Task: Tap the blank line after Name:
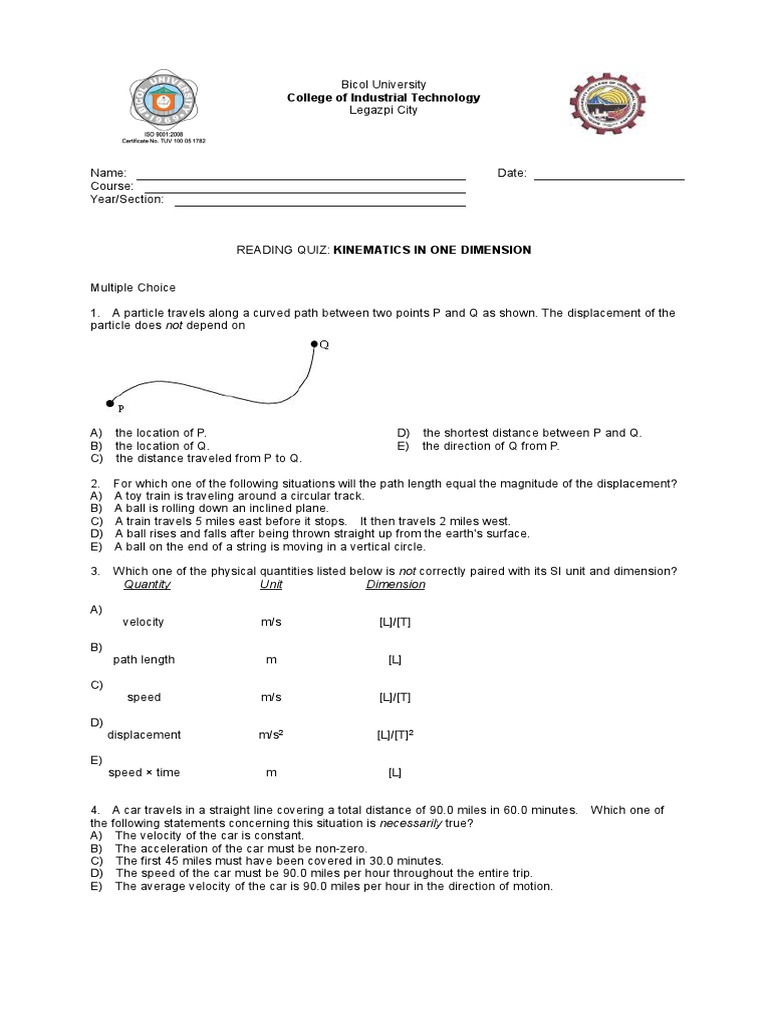tap(300, 177)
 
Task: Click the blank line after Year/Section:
tap(320, 203)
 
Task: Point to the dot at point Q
tap(314, 344)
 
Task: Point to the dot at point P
tap(110, 403)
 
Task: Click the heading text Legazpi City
tap(383, 111)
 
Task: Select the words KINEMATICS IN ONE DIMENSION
tap(432, 250)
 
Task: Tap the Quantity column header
tap(147, 584)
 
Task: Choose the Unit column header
tap(271, 584)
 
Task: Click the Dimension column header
tap(395, 584)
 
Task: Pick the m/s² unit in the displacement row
tap(272, 735)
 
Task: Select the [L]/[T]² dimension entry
tap(395, 735)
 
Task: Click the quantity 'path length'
tap(143, 660)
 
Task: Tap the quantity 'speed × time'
tap(144, 773)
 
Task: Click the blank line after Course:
tap(305, 190)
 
